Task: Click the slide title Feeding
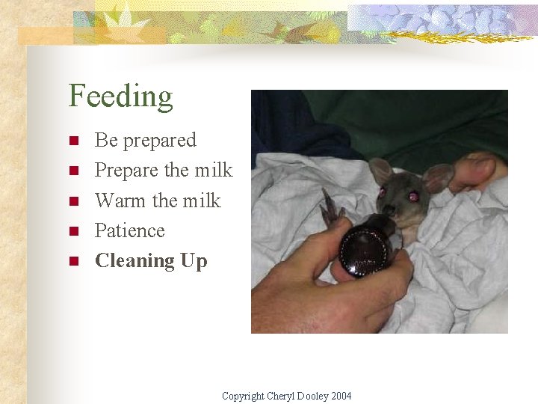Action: click(120, 97)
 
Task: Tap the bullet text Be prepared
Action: click(145, 140)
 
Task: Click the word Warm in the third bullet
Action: click(120, 201)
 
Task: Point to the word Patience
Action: click(129, 230)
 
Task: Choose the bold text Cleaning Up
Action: click(151, 260)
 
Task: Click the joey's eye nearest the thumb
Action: click(412, 196)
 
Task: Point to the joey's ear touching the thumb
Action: click(438, 177)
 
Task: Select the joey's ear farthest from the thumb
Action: click(382, 171)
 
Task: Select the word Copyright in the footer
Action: click(244, 396)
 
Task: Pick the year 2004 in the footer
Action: click(341, 396)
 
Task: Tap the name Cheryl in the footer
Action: click(281, 396)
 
